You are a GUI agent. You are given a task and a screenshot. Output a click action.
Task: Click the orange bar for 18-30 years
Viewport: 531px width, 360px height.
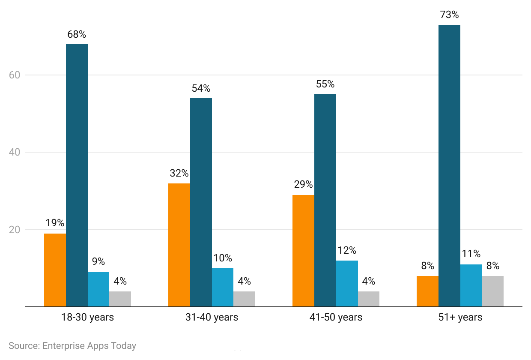tap(55, 270)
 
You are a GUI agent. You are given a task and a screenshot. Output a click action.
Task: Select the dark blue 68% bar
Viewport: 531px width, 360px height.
tap(77, 176)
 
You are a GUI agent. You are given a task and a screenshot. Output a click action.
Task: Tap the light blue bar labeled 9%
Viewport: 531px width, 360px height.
tap(98, 289)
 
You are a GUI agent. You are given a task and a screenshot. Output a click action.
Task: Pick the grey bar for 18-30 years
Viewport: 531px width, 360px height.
tap(120, 299)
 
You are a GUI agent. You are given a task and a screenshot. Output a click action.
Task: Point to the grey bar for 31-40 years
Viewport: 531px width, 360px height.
tap(244, 299)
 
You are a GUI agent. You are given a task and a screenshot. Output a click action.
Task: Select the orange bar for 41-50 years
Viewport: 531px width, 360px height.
tap(303, 251)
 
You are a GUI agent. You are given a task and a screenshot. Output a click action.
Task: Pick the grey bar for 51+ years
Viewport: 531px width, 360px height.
tap(492, 291)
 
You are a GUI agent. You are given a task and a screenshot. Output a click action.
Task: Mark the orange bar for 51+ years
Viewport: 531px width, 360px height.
tap(427, 291)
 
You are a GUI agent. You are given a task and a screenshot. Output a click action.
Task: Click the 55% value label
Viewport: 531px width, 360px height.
tap(325, 84)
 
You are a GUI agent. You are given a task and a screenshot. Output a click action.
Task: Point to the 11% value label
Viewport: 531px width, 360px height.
tap(471, 254)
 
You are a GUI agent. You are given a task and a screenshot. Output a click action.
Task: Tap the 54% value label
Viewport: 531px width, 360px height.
tap(201, 89)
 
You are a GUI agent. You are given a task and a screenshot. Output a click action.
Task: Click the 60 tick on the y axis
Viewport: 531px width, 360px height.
tap(15, 75)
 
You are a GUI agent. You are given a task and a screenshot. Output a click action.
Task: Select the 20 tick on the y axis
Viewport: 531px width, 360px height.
tap(15, 230)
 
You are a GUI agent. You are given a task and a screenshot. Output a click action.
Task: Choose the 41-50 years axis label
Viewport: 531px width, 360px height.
tap(336, 318)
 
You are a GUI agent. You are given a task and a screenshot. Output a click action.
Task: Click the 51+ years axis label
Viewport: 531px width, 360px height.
tap(460, 318)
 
